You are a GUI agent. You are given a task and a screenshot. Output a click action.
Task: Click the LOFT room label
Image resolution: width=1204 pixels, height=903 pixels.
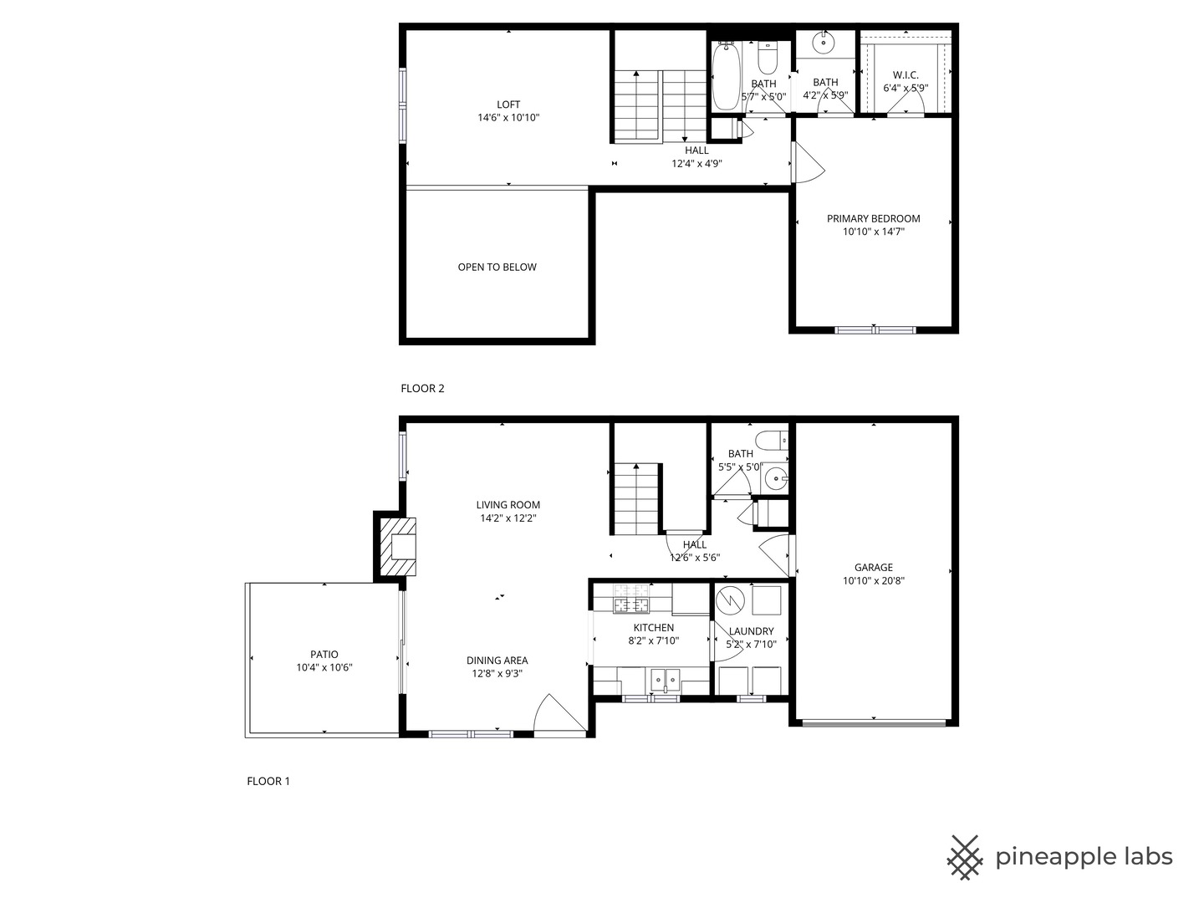508,105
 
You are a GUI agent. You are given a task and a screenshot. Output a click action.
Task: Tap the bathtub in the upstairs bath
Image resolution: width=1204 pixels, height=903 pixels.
726,77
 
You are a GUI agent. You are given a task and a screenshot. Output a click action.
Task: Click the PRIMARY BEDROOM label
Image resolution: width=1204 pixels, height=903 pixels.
873,218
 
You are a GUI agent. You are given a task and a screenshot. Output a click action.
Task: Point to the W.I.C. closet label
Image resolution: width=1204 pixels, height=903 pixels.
905,74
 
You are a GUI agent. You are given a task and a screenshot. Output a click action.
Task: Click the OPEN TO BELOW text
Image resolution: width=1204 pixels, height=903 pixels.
497,267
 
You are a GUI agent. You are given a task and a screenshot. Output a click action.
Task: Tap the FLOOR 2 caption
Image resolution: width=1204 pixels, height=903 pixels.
422,388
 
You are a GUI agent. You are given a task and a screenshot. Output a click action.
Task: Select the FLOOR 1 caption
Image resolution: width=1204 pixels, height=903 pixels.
268,781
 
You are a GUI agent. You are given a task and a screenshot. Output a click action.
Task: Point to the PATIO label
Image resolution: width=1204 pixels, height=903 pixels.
324,654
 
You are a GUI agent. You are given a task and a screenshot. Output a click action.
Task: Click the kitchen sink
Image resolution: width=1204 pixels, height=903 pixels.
666,680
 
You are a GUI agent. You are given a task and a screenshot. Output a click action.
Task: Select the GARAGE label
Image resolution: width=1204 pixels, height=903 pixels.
873,568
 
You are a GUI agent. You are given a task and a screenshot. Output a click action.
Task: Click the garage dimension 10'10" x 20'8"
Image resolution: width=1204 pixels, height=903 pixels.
873,580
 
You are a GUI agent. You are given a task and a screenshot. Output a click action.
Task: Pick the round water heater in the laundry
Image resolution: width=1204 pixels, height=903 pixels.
730,599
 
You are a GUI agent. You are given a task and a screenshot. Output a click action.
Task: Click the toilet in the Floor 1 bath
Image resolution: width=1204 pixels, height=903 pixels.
771,441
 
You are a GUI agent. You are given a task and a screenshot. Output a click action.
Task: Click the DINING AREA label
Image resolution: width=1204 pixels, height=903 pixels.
497,661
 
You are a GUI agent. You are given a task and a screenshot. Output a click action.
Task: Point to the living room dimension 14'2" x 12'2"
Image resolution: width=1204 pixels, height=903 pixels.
508,518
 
